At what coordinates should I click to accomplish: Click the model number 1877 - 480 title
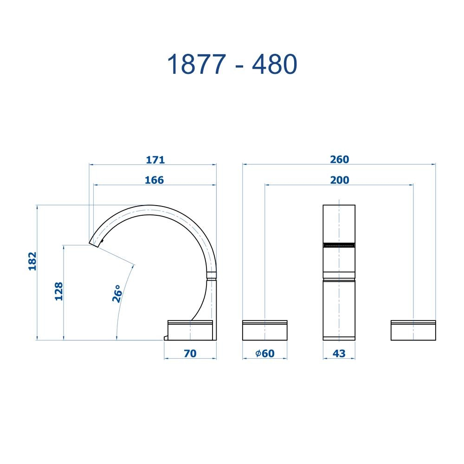pos(232,64)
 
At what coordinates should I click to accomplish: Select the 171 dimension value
pos(155,160)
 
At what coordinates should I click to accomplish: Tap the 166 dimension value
pos(154,180)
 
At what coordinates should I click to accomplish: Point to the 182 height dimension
pos(32,261)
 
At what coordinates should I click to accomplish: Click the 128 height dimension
pos(59,291)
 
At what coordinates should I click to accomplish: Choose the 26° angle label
pos(117,294)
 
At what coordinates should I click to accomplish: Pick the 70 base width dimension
pos(190,354)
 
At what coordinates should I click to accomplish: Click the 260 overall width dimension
pos(339,160)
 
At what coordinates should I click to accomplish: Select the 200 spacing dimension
pos(340,180)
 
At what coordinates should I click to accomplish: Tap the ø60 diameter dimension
pos(265,354)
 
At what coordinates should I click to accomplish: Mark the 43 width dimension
pos(339,354)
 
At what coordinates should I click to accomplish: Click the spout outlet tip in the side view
pos(94,244)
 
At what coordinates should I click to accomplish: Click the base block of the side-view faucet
pos(191,330)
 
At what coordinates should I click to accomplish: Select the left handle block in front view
pos(265,330)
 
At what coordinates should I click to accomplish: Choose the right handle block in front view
pos(413,330)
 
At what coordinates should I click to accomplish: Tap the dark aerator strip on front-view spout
pos(339,245)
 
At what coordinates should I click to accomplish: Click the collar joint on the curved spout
pos(211,275)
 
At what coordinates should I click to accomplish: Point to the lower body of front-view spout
pos(339,309)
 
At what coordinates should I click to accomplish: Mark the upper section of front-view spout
pos(339,223)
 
